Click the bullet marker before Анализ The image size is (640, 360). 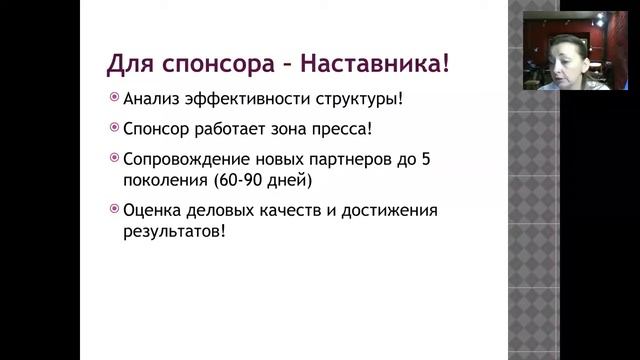(x=114, y=99)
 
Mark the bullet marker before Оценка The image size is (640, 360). (x=114, y=211)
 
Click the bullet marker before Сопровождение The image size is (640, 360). (x=114, y=158)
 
